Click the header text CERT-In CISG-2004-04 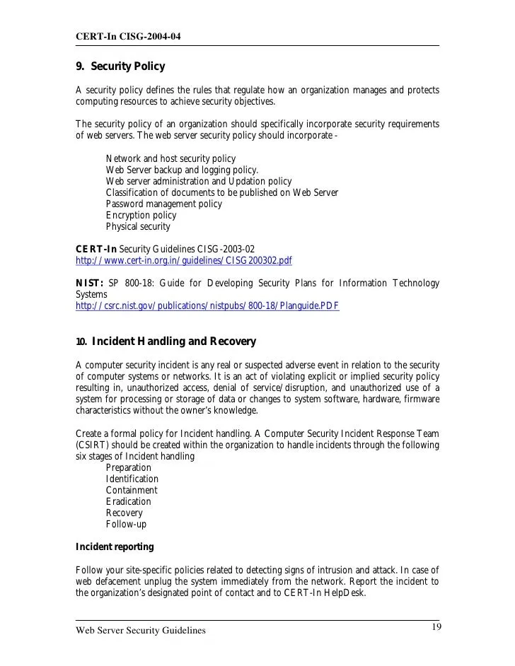point(127,36)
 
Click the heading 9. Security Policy point(120,67)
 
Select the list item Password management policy point(163,204)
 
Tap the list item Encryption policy point(141,215)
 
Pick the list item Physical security point(138,226)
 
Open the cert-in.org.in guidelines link point(183,260)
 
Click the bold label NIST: point(89,284)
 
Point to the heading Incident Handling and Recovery point(173,341)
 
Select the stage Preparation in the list point(128,467)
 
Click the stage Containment point(132,490)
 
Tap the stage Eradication point(128,501)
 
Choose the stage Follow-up point(126,524)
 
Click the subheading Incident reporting point(114,547)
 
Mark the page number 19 point(437,627)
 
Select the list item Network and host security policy point(170,158)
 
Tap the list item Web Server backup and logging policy point(182,170)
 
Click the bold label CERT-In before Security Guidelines point(96,249)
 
